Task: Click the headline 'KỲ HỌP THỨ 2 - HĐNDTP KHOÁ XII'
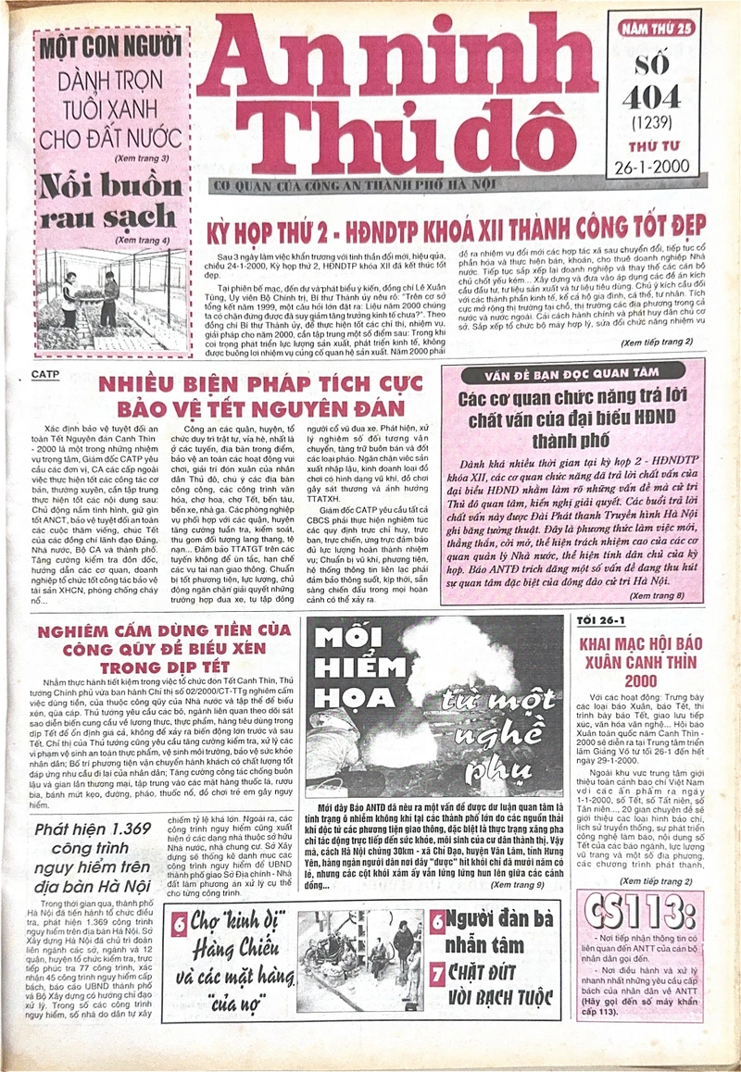[x=458, y=225]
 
